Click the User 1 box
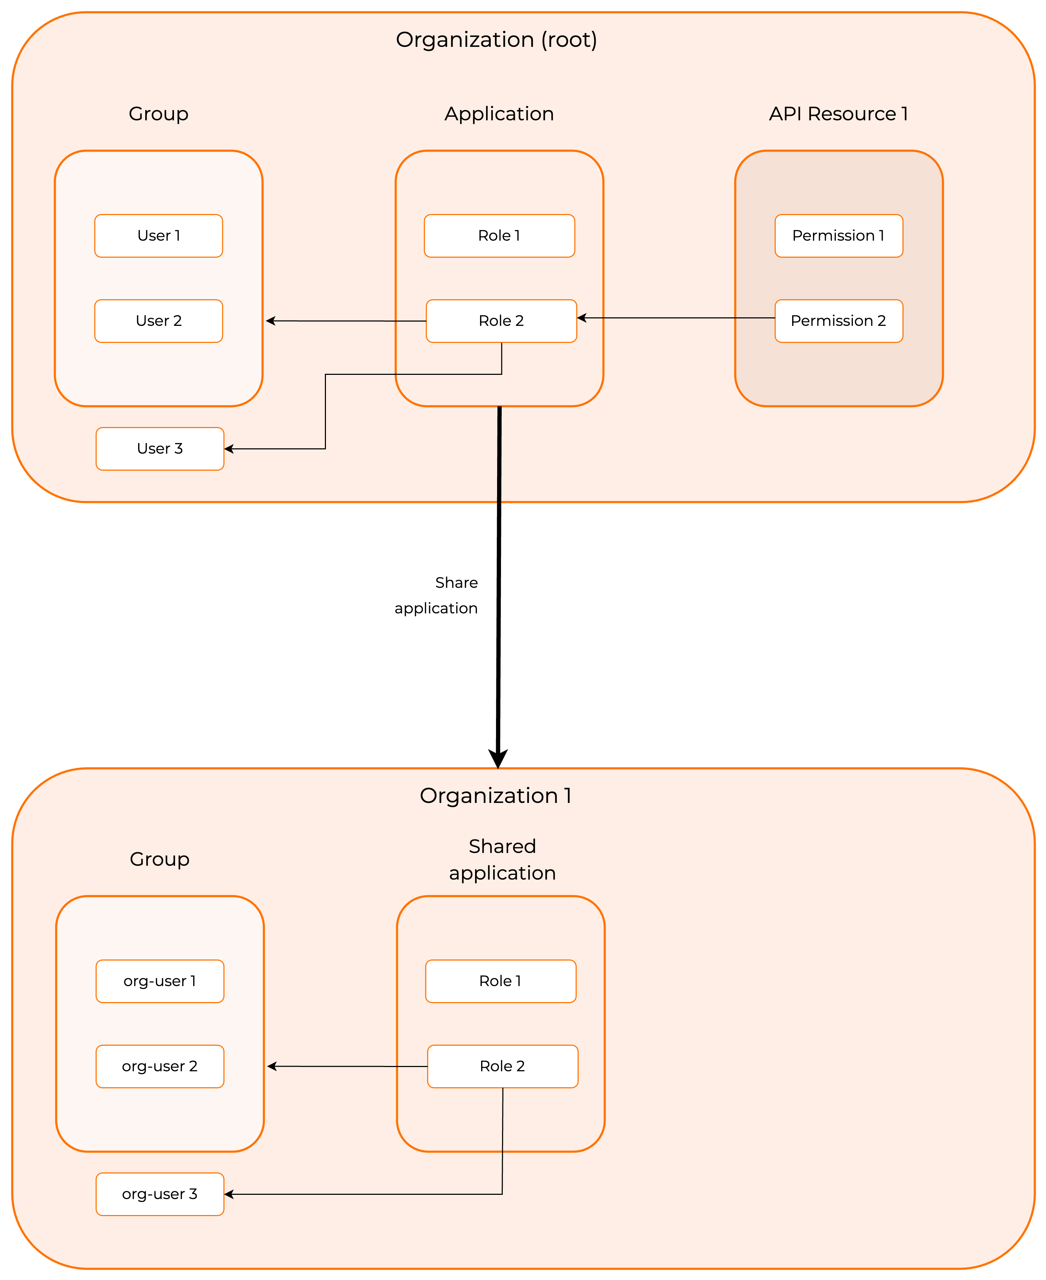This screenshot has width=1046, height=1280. (x=158, y=236)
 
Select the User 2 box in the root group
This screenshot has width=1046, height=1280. (x=158, y=321)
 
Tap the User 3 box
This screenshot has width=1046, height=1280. (x=160, y=449)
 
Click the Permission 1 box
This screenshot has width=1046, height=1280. (x=838, y=236)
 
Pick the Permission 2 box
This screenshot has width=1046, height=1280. (x=838, y=321)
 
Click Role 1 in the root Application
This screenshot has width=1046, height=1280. (x=499, y=236)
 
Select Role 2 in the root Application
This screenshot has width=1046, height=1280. (x=501, y=321)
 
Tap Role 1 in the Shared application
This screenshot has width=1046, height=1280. (x=500, y=981)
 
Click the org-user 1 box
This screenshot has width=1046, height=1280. (x=160, y=981)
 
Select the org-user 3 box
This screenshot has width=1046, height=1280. (x=160, y=1194)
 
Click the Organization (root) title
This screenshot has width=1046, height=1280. (x=496, y=40)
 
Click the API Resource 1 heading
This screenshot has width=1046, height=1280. (x=838, y=114)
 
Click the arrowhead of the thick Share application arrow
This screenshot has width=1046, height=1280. (x=498, y=759)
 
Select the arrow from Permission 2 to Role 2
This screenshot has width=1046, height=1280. (x=675, y=317)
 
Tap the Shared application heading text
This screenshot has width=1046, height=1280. (x=502, y=860)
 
